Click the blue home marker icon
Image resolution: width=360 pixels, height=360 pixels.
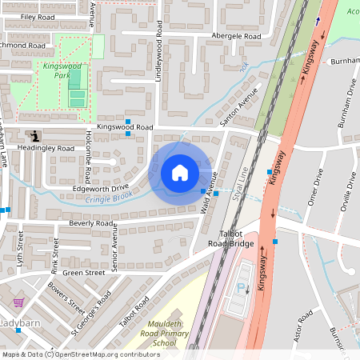(180, 173)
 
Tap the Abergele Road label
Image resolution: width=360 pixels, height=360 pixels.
(236, 36)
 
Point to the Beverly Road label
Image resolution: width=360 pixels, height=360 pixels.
(91, 224)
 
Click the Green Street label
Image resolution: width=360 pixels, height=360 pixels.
(84, 272)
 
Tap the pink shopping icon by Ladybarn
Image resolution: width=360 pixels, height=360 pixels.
(18, 303)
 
